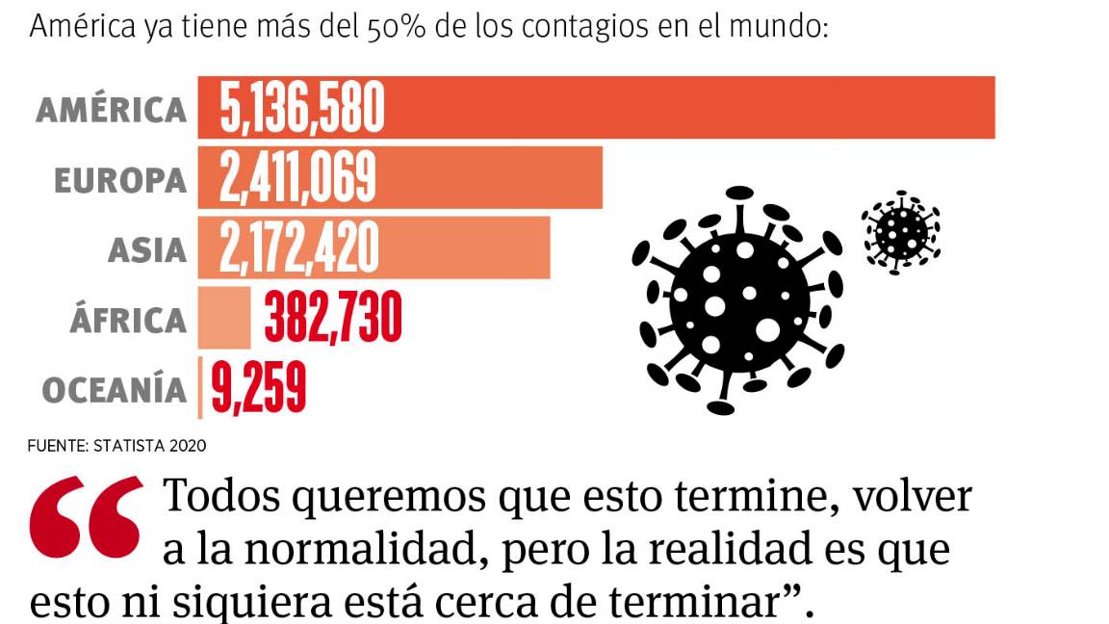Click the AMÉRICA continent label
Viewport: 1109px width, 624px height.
coord(111,109)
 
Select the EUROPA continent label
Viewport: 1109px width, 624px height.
coord(120,180)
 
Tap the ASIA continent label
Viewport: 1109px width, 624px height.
coord(146,250)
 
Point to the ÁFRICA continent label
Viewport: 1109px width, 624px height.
coord(127,320)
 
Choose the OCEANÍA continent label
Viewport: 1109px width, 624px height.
coord(114,390)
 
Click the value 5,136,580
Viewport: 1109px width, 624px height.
coord(301,108)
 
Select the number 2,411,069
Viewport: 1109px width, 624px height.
coord(297,178)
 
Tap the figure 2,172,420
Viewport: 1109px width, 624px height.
coord(298,248)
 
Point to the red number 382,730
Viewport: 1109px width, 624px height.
coord(331,318)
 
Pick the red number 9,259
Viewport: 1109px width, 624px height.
coord(258,388)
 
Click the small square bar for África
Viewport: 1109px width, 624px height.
coord(224,318)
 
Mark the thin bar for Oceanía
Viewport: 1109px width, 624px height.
coord(200,388)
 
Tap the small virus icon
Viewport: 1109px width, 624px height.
coord(901,231)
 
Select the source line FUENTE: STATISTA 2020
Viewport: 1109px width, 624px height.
coord(116,446)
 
